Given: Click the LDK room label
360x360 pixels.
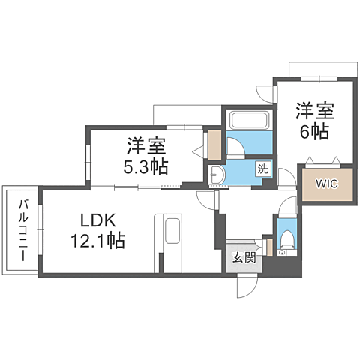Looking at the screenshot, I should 97,221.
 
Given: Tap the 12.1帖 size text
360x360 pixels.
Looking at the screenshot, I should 99,241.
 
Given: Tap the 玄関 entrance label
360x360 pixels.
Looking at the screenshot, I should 243,258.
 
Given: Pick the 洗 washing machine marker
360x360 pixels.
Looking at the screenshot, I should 263,168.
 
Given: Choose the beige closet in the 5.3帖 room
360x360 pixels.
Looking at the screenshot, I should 214,145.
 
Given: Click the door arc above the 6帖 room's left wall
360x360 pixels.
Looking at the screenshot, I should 265,93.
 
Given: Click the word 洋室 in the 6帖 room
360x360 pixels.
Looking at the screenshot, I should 314,109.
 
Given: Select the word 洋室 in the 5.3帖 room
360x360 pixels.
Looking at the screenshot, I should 146,145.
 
